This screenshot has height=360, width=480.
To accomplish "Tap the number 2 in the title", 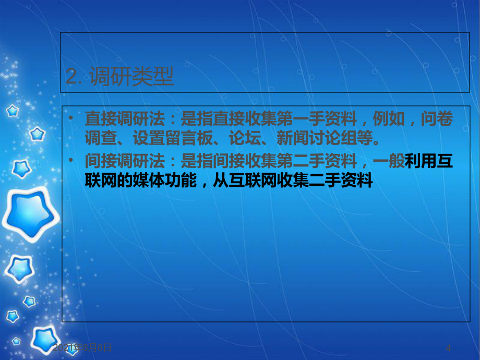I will coord(71,78).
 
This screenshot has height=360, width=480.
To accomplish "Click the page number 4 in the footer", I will coord(448,347).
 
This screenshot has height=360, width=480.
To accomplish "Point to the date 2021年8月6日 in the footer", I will coord(82,347).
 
